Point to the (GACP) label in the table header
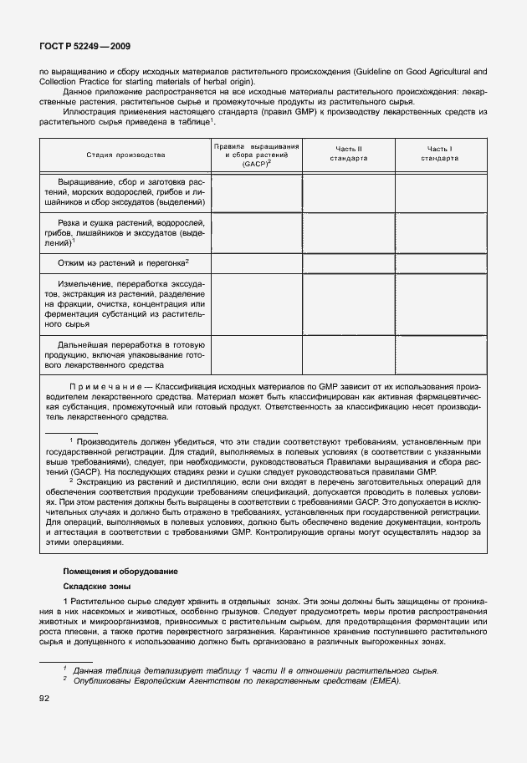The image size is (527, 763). (x=255, y=165)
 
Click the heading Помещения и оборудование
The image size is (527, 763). (x=120, y=571)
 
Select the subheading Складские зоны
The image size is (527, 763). (x=97, y=587)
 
